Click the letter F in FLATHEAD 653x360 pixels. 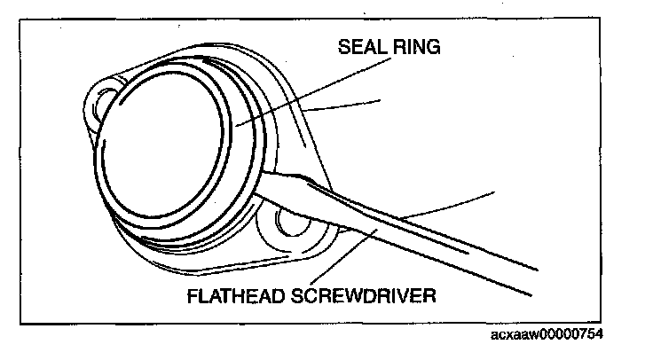point(192,294)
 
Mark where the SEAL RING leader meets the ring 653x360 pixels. point(233,127)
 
